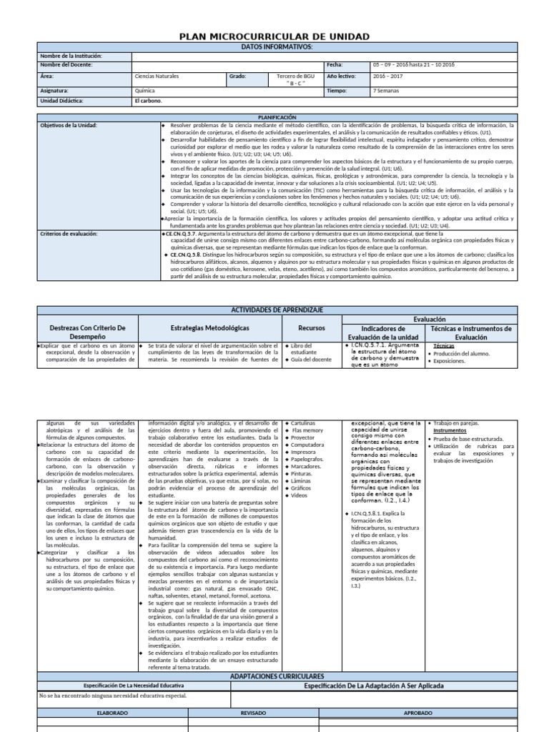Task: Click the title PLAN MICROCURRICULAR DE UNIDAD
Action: click(x=274, y=36)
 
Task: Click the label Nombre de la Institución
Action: click(x=71, y=56)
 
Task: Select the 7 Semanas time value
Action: click(x=387, y=91)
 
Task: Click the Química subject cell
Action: click(x=144, y=91)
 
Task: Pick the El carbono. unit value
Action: click(x=149, y=101)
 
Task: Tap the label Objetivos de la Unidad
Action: click(x=69, y=125)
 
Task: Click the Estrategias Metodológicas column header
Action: click(x=210, y=327)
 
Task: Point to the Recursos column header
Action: click(x=311, y=328)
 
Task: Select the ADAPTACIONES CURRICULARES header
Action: click(x=277, y=676)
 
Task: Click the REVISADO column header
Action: click(x=253, y=713)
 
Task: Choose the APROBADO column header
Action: click(x=417, y=713)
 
